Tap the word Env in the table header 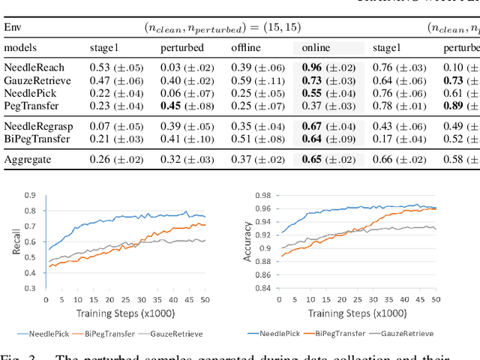click(12, 27)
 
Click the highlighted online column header click(315, 48)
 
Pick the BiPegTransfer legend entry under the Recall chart click(108, 333)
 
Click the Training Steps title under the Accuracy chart click(346, 313)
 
